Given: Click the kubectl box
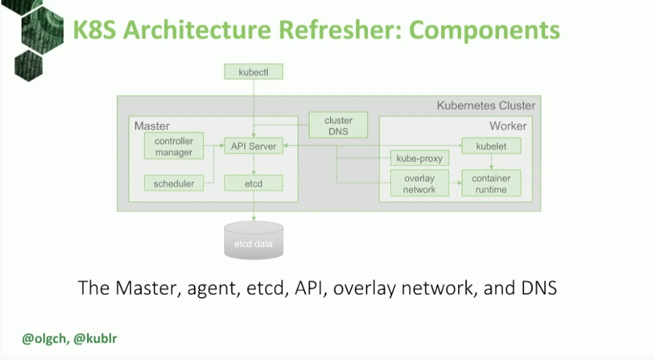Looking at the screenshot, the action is (x=253, y=72).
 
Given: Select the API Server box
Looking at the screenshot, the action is (x=253, y=146).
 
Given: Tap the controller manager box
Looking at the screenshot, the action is (x=174, y=146).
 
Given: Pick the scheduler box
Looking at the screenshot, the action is (x=174, y=183).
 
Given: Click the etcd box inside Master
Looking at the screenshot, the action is (x=253, y=183).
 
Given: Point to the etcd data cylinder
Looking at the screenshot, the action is (x=253, y=240).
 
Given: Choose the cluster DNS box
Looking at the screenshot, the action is (x=338, y=125).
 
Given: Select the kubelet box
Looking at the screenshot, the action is (x=491, y=146).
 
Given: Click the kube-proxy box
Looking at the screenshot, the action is (x=420, y=158).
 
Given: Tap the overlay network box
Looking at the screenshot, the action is (x=420, y=183).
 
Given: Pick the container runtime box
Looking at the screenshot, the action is (x=491, y=183).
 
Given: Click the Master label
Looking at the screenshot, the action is (x=152, y=126).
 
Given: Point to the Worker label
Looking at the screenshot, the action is (x=508, y=126).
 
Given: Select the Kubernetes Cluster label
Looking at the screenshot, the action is (x=486, y=106).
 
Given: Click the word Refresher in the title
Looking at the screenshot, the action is (x=340, y=29).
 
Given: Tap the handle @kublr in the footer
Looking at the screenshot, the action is (x=95, y=338).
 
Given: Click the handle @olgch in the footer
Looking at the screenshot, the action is (x=44, y=339).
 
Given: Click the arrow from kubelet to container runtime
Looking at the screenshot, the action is (x=491, y=162).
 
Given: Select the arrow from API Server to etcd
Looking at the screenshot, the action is (x=253, y=164).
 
